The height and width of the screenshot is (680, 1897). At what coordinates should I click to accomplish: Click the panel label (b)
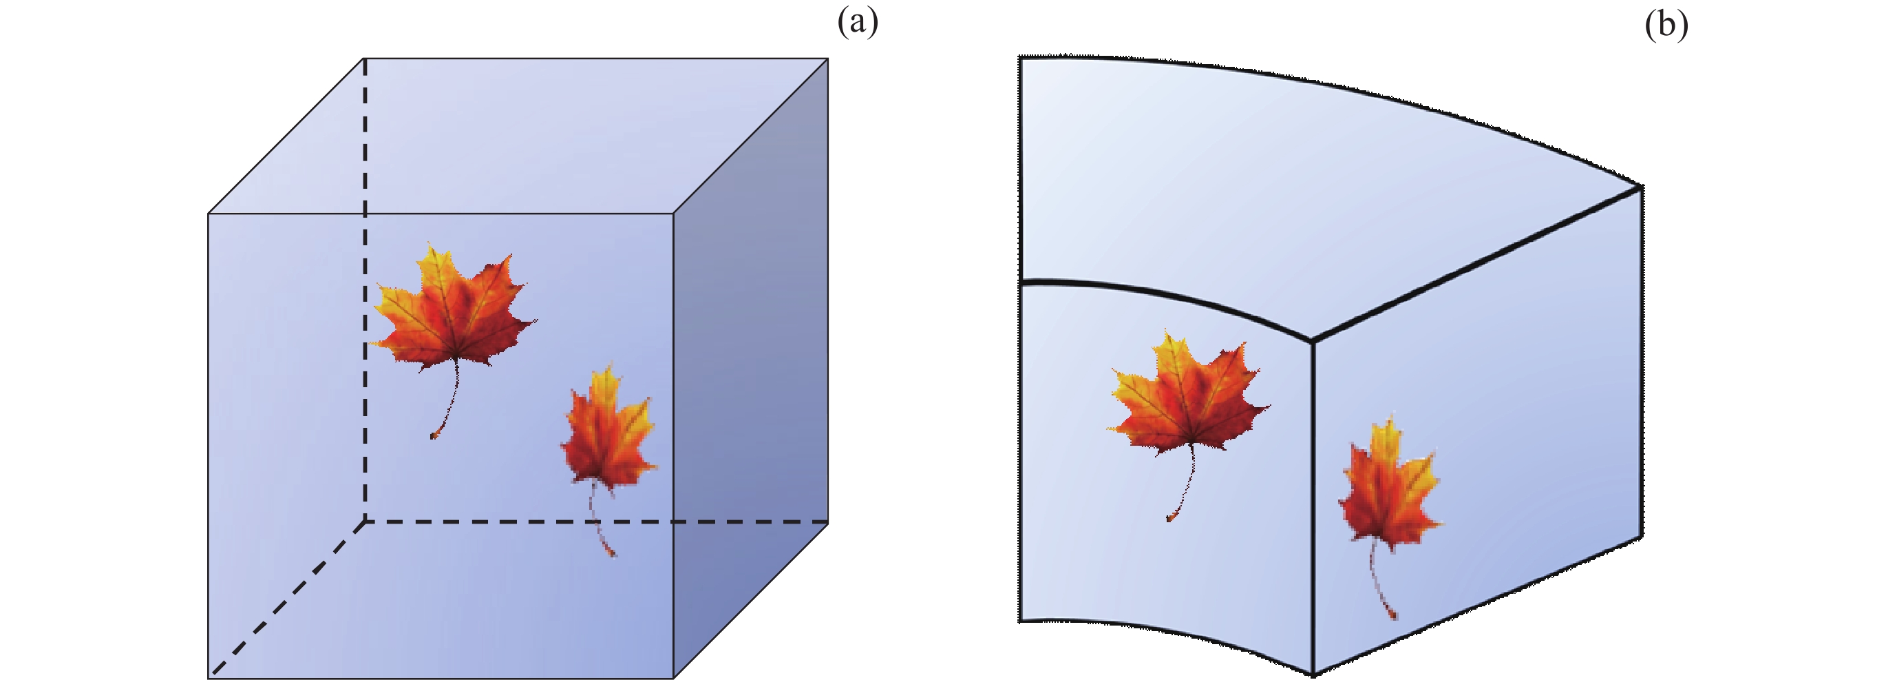(1666, 25)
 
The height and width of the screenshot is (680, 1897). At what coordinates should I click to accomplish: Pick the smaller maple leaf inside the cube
(608, 435)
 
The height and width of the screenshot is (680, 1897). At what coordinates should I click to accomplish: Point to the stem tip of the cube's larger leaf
(433, 437)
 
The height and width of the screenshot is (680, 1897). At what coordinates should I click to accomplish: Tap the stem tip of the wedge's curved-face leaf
(1169, 519)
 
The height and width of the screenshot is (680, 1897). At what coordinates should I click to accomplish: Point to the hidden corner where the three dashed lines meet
(365, 522)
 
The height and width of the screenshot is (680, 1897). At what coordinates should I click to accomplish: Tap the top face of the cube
(516, 136)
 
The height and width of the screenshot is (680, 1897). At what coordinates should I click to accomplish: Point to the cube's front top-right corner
(673, 214)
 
